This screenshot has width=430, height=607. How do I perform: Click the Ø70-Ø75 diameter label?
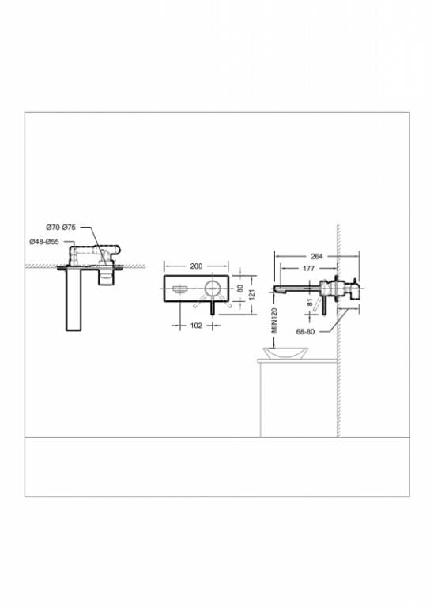coord(60,228)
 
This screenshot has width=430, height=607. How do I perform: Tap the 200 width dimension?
coord(195,266)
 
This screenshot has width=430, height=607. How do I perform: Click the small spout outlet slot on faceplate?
coord(179,289)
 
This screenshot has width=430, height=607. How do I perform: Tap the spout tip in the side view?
coord(278,290)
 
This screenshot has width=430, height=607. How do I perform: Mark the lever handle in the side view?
coord(323,303)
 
